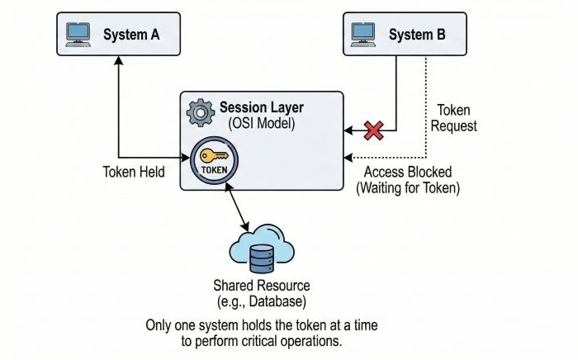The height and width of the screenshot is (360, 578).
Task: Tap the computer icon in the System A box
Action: click(x=78, y=34)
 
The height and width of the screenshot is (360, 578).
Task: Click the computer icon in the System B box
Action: click(x=364, y=34)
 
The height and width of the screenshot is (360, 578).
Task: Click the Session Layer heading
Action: click(x=261, y=108)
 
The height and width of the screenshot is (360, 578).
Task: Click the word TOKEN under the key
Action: click(x=214, y=170)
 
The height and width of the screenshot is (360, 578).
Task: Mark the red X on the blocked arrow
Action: click(x=375, y=130)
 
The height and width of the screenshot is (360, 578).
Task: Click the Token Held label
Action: click(x=134, y=173)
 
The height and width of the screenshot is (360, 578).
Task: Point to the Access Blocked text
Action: click(x=407, y=173)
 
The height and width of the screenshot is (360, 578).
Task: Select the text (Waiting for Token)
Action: click(x=407, y=188)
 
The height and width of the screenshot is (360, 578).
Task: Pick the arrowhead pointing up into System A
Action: click(x=119, y=61)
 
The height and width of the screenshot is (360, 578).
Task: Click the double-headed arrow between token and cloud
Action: click(x=238, y=206)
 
